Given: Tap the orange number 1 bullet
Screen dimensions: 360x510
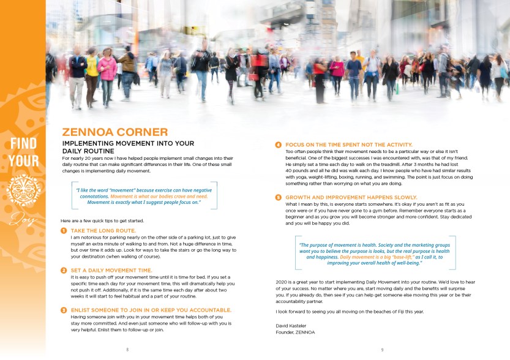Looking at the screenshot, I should [x=64, y=231].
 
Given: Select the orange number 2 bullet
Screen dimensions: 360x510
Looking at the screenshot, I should [x=64, y=271].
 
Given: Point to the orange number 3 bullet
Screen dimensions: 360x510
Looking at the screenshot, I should [x=64, y=310].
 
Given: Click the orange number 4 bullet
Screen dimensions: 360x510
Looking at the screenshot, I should [x=278, y=145].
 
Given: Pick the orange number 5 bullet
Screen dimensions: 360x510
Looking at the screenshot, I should [x=278, y=198].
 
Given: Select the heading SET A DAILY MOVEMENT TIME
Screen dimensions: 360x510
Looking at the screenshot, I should [x=111, y=271].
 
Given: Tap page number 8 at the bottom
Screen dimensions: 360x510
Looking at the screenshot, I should [x=127, y=350].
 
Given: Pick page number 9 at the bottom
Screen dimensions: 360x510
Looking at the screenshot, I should [x=382, y=350].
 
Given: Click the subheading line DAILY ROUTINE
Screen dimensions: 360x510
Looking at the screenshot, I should [x=88, y=151].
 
